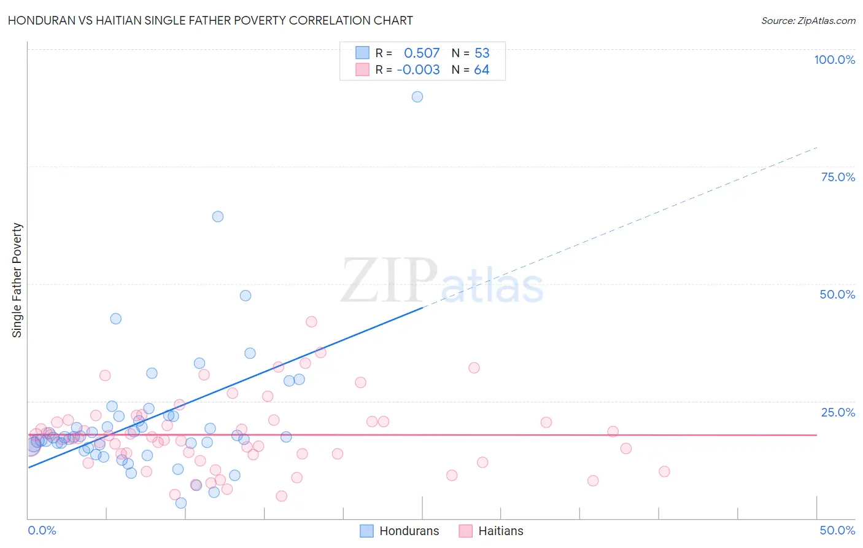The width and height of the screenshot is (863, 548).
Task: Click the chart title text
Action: [x=210, y=20]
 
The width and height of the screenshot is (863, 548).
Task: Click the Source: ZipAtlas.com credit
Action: [x=808, y=20]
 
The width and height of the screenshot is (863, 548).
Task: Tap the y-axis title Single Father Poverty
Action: [x=17, y=280]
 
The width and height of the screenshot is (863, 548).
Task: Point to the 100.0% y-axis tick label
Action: [x=834, y=60]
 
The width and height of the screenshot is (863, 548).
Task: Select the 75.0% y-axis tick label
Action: [x=838, y=177]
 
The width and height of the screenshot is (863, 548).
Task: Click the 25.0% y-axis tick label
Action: [x=838, y=412]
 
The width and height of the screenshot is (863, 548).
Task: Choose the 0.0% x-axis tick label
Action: [x=42, y=530]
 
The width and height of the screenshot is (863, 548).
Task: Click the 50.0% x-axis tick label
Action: [x=837, y=530]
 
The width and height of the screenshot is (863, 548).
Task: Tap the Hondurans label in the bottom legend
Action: [x=409, y=531]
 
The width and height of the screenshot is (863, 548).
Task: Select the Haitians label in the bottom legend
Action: [x=501, y=531]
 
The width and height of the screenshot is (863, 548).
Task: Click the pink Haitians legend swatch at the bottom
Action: [x=466, y=531]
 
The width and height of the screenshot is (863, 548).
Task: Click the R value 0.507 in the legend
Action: [x=422, y=53]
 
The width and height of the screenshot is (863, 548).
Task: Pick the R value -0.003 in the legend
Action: [x=418, y=70]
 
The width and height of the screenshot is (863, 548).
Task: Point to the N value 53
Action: [x=482, y=53]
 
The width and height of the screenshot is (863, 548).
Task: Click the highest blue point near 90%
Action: [x=417, y=96]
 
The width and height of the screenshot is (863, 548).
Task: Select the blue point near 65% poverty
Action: [x=218, y=216]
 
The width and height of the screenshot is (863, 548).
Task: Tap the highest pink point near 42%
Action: [x=311, y=322]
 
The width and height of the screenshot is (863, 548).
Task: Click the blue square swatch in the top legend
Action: [x=363, y=53]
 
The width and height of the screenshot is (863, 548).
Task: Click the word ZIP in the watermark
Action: [x=389, y=281]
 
